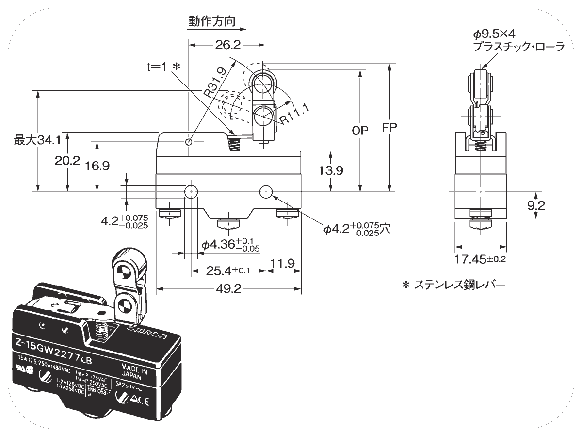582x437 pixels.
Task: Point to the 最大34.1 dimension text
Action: coord(37,141)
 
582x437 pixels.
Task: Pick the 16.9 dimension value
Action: coord(97,166)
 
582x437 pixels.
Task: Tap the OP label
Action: coord(360,130)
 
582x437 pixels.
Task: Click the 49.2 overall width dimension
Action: coord(227,288)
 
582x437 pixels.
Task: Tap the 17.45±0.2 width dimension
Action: coord(480,259)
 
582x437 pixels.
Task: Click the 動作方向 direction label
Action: coord(212,21)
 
